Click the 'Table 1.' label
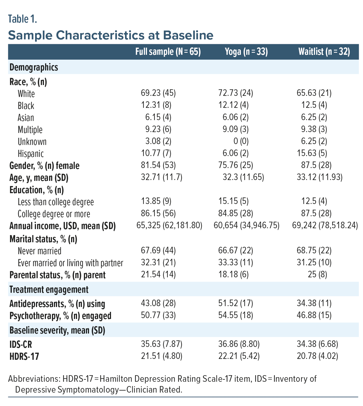click(23, 19)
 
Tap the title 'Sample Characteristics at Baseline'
click(111, 35)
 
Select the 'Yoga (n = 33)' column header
click(246, 52)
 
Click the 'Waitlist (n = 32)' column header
click(324, 52)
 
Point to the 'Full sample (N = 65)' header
click(168, 52)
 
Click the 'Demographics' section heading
click(34, 67)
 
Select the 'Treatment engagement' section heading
click(49, 290)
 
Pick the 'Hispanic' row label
click(31, 154)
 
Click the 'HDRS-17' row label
click(24, 356)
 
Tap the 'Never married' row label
click(39, 251)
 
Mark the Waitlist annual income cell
click(325, 226)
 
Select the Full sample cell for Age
click(162, 177)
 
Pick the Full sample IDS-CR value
click(162, 344)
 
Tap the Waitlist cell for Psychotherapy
click(314, 315)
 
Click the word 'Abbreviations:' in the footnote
click(33, 379)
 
